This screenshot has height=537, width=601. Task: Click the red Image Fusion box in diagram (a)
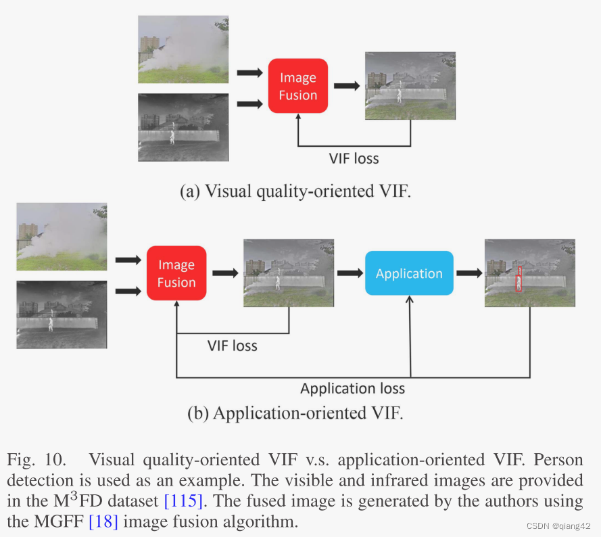pyautogui.click(x=297, y=86)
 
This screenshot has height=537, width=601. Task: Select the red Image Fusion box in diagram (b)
pyautogui.click(x=176, y=273)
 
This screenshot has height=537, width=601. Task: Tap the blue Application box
pyautogui.click(x=409, y=273)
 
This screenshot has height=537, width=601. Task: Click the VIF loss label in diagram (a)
pyautogui.click(x=354, y=159)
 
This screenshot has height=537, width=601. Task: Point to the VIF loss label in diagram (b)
pyautogui.click(x=232, y=346)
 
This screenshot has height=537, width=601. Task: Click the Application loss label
pyautogui.click(x=352, y=388)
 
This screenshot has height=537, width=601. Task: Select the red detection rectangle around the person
pyautogui.click(x=519, y=279)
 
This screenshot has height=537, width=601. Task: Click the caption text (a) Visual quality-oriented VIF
pyautogui.click(x=295, y=191)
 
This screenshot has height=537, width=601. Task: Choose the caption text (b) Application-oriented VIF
pyautogui.click(x=295, y=413)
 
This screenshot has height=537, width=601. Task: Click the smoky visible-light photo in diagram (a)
pyautogui.click(x=183, y=49)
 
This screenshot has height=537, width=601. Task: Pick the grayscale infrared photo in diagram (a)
pyautogui.click(x=183, y=127)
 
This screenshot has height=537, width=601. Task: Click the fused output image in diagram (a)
pyautogui.click(x=410, y=86)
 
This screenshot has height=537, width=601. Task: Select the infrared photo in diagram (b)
pyautogui.click(x=62, y=314)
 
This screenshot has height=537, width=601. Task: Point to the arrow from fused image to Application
pyautogui.click(x=350, y=273)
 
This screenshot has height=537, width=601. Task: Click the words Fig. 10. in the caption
pyautogui.click(x=37, y=461)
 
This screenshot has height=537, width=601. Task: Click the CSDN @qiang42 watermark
pyautogui.click(x=558, y=526)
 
